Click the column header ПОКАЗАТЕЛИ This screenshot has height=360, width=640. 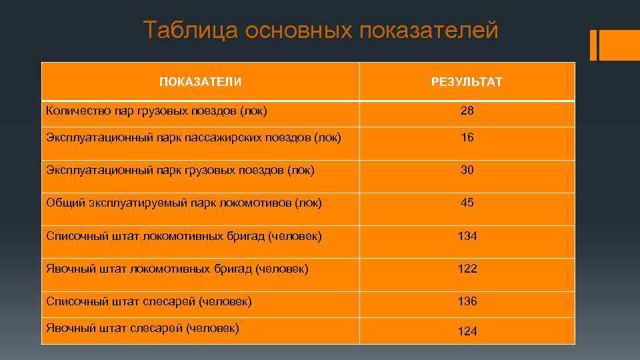click(200, 82)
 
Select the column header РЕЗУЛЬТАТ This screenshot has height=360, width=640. click(467, 82)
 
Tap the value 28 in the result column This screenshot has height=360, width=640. click(467, 111)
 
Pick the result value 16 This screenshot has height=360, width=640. click(467, 137)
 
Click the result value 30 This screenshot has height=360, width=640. click(467, 170)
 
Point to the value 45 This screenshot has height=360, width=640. click(467, 203)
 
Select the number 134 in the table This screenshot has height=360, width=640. click(467, 236)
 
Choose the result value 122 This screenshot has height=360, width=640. click(467, 269)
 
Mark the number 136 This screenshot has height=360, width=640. click(467, 301)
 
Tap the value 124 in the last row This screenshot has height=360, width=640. click(467, 331)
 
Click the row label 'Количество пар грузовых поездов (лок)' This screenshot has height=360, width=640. click(157, 111)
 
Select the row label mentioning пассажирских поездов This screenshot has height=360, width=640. click(193, 137)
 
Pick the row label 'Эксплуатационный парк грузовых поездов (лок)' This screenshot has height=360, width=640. click(180, 170)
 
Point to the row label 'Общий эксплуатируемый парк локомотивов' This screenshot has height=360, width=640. click(183, 203)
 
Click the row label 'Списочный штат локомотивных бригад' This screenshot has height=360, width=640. click(183, 236)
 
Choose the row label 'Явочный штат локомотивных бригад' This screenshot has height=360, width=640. click(177, 269)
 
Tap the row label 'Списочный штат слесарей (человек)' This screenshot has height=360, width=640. click(149, 301)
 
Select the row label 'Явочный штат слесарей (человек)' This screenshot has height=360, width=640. click(142, 327)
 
